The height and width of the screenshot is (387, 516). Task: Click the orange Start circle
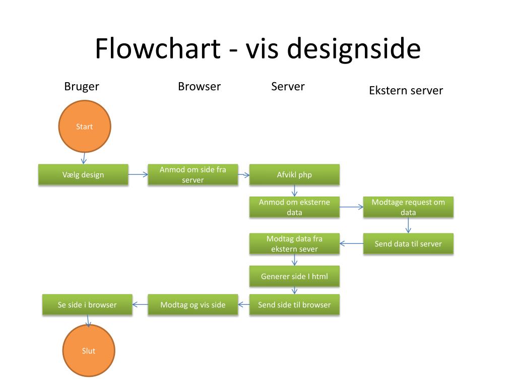pos(85,126)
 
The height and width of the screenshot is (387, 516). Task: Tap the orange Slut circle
pos(89,351)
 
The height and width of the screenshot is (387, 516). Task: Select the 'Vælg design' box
pos(83,174)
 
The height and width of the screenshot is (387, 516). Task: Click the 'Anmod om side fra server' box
pos(193,174)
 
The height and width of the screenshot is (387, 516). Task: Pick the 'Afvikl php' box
pos(294,174)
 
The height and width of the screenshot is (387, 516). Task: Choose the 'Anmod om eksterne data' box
pos(294,207)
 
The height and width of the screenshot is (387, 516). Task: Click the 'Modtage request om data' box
pos(408,207)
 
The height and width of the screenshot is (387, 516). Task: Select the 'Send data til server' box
pos(408,243)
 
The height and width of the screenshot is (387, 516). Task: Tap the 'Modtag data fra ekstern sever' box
pos(294,243)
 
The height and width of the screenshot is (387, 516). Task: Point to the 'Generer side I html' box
pos(294,276)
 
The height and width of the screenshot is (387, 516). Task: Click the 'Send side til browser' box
pos(294,304)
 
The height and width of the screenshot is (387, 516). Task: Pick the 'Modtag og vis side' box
pos(193,304)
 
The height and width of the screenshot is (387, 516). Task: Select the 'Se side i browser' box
pos(87,304)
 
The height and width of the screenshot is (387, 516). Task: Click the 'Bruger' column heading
pos(82,87)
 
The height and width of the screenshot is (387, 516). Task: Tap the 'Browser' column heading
pos(200,86)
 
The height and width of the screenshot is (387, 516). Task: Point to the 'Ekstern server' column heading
pos(406,90)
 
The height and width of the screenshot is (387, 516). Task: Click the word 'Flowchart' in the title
pos(158,48)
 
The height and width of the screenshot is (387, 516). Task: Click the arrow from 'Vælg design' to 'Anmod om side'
pos(138,174)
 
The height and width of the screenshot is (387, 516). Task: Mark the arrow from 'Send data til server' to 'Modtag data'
pos(351,243)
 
